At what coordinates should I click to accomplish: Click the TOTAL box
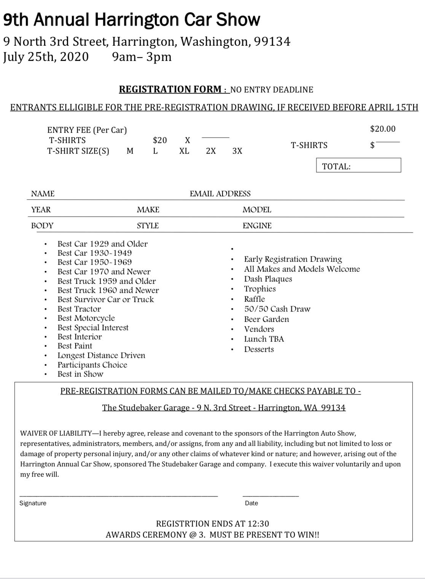[358, 165]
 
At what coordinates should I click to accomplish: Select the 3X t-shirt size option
[237, 151]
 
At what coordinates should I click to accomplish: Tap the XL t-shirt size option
[184, 151]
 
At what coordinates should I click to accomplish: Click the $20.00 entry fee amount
[383, 129]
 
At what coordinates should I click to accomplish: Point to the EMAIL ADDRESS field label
[220, 194]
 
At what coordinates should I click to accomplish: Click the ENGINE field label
[257, 226]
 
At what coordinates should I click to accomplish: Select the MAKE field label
[148, 210]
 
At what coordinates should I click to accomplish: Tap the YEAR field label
[41, 210]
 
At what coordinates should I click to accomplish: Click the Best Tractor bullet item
[79, 309]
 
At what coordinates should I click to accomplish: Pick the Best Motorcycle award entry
[86, 318]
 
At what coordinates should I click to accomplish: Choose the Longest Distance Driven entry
[101, 355]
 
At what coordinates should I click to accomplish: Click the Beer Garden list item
[266, 319]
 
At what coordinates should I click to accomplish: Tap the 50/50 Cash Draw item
[277, 309]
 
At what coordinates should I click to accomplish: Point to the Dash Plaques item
[268, 279]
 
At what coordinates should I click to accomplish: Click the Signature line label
[33, 503]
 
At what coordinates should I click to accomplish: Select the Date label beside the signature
[251, 503]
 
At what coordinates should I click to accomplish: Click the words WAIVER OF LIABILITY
[56, 433]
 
